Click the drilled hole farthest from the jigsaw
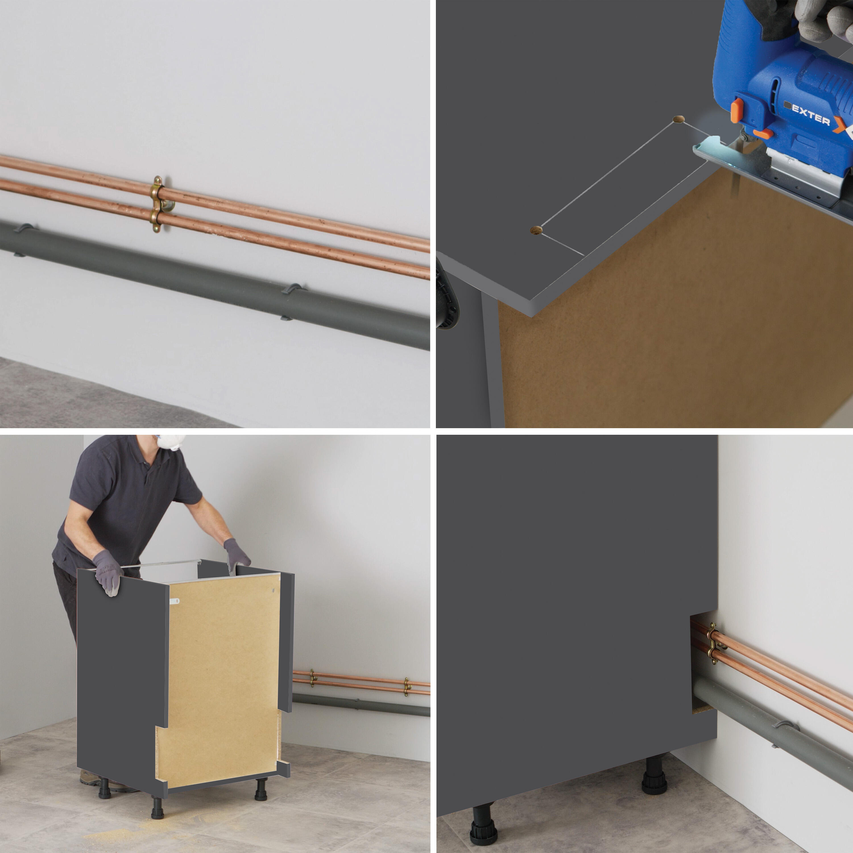pos(536,230)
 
